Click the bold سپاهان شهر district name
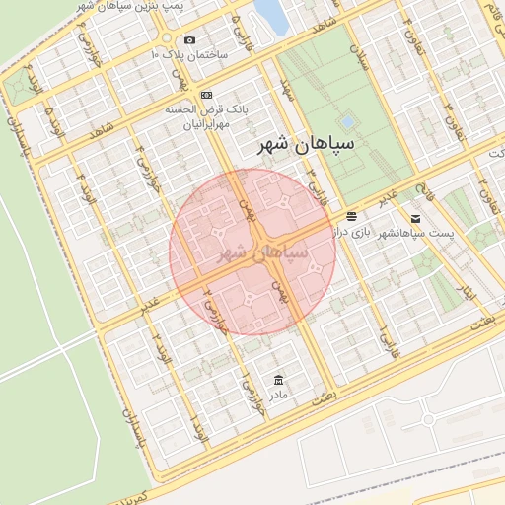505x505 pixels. click(305, 145)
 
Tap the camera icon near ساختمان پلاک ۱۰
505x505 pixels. click(189, 40)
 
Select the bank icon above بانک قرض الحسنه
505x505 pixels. click(205, 94)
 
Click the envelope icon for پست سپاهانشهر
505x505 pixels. click(415, 217)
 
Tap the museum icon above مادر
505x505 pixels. click(279, 380)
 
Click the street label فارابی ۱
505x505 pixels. click(384, 341)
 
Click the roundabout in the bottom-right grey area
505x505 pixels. click(429, 419)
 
